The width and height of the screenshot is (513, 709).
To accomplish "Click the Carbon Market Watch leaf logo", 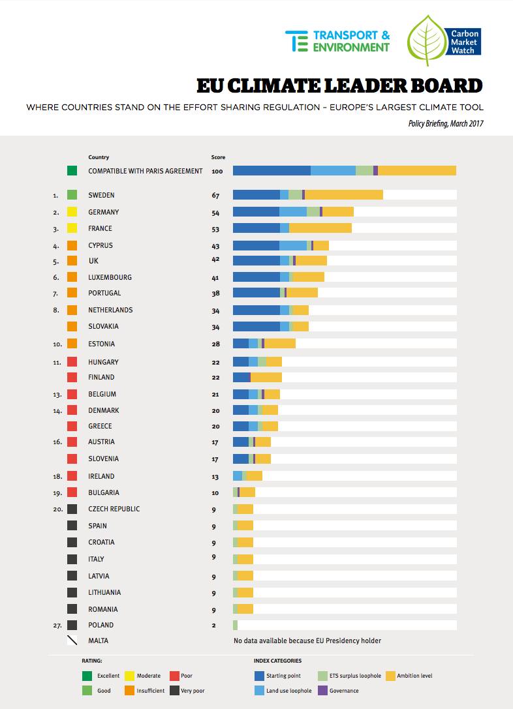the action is pyautogui.click(x=427, y=40).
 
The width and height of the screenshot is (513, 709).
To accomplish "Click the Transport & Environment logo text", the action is pyautogui.click(x=351, y=41).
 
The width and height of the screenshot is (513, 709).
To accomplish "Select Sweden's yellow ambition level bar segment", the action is pyautogui.click(x=344, y=195).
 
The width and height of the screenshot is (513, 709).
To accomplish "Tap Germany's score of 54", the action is pyautogui.click(x=215, y=213).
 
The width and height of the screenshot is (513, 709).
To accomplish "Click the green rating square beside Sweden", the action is pyautogui.click(x=72, y=195).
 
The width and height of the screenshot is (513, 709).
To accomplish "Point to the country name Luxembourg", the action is pyautogui.click(x=110, y=277).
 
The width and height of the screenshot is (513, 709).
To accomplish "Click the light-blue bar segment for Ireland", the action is pyautogui.click(x=238, y=475).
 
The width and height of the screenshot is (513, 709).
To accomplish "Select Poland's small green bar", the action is pyautogui.click(x=235, y=625).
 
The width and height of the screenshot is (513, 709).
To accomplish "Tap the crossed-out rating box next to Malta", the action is pyautogui.click(x=72, y=641).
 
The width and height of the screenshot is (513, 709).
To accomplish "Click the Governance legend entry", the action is pyautogui.click(x=338, y=691).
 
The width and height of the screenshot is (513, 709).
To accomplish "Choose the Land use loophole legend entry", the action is pyautogui.click(x=283, y=691).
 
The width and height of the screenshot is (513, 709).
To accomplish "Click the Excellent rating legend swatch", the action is pyautogui.click(x=87, y=676).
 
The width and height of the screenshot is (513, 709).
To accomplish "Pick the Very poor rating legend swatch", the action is pyautogui.click(x=175, y=691).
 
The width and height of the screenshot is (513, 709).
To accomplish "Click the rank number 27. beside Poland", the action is pyautogui.click(x=57, y=626).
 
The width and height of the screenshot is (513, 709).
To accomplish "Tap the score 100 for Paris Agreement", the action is pyautogui.click(x=217, y=172).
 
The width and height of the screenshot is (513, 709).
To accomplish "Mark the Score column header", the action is pyautogui.click(x=218, y=157).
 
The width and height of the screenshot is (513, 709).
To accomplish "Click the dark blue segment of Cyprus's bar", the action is pyautogui.click(x=256, y=245).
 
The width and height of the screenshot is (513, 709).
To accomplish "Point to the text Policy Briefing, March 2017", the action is pyautogui.click(x=446, y=123).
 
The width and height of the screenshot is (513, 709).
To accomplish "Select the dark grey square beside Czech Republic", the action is pyautogui.click(x=72, y=509).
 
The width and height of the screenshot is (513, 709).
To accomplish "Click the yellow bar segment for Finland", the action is pyautogui.click(x=266, y=377).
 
